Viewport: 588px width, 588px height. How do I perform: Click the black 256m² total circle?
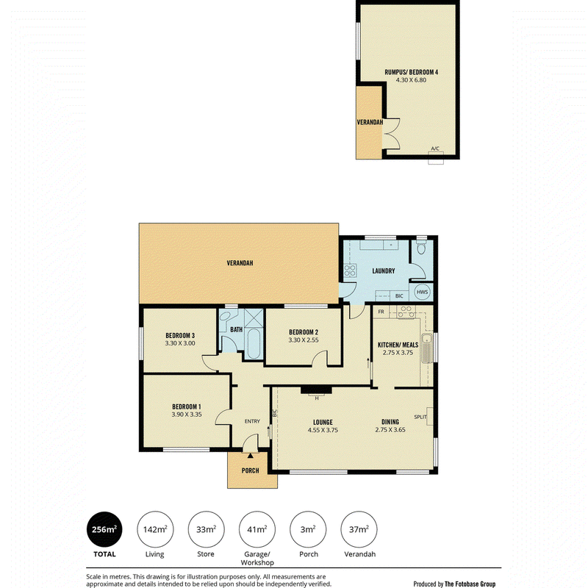[104, 529]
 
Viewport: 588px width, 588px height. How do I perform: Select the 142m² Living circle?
[155, 529]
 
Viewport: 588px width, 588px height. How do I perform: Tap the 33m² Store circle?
[206, 529]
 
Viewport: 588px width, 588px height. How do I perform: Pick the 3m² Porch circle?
[308, 529]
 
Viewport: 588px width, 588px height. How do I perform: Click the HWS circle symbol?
[422, 292]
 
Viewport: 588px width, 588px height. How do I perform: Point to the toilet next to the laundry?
[421, 248]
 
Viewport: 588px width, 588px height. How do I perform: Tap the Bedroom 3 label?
[180, 336]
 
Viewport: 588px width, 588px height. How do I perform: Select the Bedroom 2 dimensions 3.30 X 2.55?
[304, 340]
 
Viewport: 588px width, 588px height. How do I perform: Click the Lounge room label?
[323, 422]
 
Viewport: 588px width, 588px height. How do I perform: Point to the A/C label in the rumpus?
[435, 148]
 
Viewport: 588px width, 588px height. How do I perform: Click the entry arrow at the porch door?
[250, 455]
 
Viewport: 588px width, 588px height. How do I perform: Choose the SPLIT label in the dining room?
[420, 417]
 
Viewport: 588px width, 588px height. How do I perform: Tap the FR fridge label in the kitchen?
[381, 312]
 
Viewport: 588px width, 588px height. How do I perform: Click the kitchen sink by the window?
[427, 348]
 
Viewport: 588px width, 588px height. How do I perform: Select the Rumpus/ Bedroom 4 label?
[412, 72]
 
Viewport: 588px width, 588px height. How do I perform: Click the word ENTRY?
[252, 421]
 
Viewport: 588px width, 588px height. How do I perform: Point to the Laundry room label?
[383, 270]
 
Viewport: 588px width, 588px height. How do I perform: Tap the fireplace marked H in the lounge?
[316, 390]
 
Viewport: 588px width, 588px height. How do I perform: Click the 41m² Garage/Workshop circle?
[257, 529]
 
